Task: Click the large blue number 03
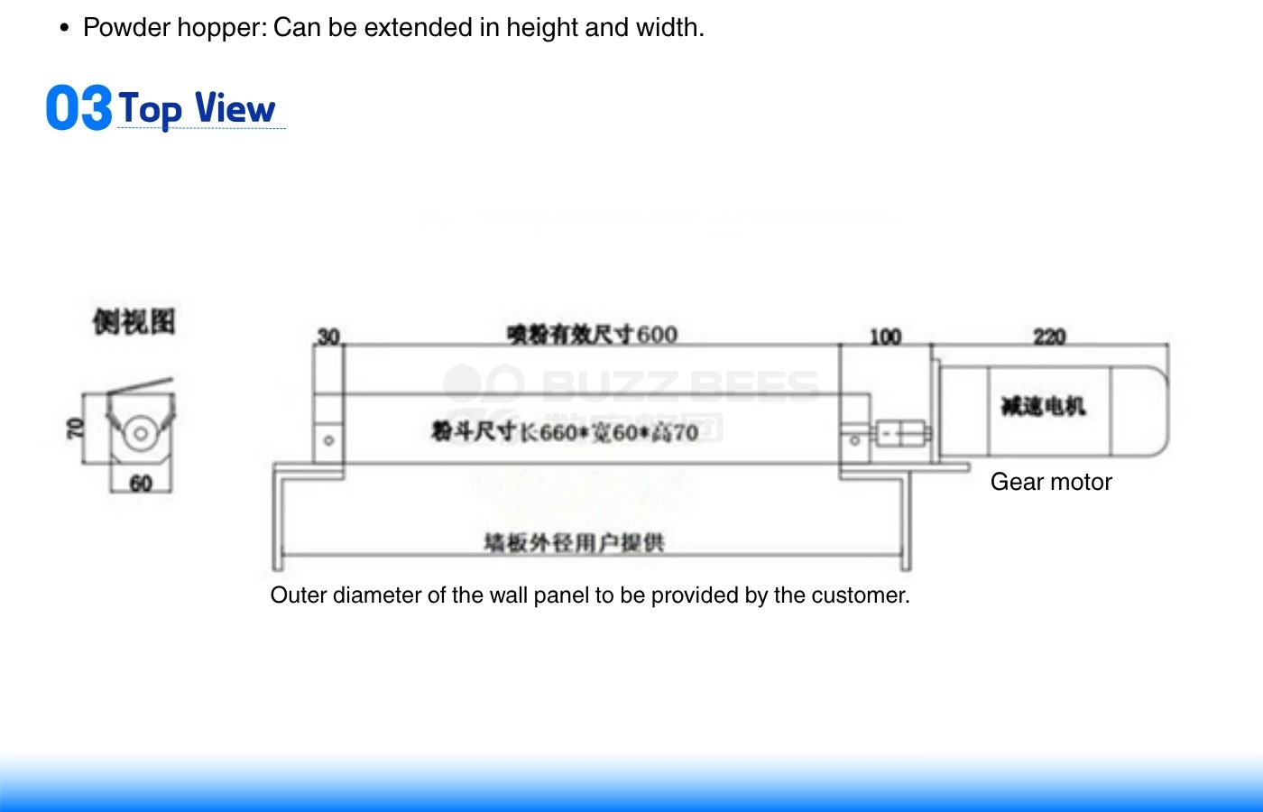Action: tap(78, 108)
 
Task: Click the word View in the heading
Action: tap(235, 108)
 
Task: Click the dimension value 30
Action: tap(328, 337)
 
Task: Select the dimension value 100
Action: tap(885, 337)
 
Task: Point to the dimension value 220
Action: tap(1049, 337)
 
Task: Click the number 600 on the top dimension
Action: tap(658, 335)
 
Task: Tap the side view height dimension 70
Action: tap(76, 428)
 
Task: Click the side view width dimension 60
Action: tap(141, 484)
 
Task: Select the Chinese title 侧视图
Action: tap(134, 321)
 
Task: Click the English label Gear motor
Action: tap(1051, 482)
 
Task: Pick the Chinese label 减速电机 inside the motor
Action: tap(1043, 406)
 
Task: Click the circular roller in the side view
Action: tap(140, 433)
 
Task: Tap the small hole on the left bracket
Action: tap(329, 440)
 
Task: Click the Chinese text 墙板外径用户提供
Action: tap(574, 542)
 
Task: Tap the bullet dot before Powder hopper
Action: tap(64, 28)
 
